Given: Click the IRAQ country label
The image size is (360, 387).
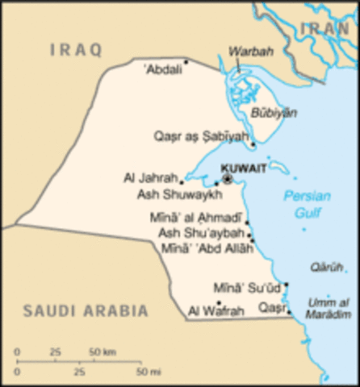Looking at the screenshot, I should click(76, 50).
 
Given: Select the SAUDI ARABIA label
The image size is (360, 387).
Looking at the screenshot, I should click(86, 310).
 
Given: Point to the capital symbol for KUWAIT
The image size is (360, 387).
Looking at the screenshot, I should click(228, 178).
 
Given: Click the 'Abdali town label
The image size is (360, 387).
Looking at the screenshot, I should click(162, 69).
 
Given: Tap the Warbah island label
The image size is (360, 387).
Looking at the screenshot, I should click(246, 51).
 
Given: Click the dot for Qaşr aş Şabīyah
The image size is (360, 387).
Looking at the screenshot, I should click(253, 145).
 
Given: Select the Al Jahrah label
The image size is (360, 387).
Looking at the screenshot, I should click(149, 178).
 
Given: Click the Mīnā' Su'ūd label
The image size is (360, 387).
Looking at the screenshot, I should click(247, 287).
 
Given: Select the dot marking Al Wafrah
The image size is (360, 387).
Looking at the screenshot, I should click(219, 303).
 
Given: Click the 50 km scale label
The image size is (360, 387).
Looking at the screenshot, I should click(103, 352).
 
